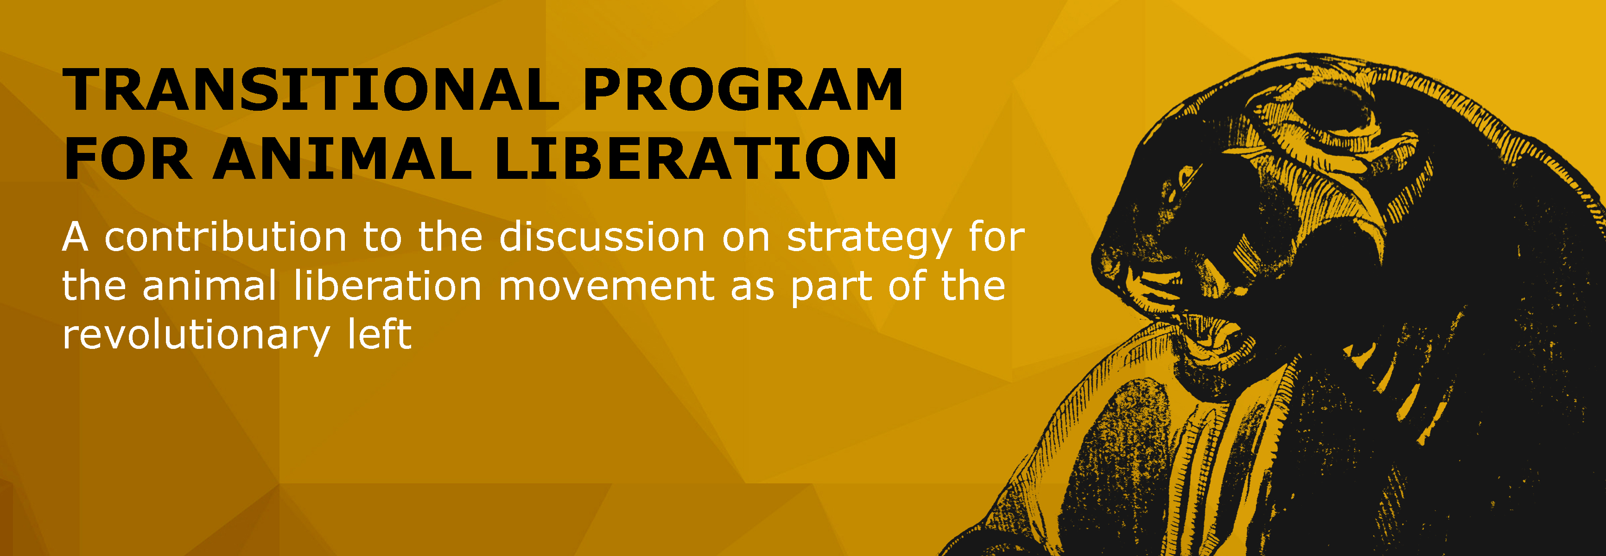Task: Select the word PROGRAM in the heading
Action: [742, 90]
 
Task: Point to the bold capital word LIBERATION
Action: [696, 159]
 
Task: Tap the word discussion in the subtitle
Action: [602, 238]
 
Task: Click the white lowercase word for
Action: [996, 238]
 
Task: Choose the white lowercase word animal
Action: [209, 287]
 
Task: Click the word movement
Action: [606, 287]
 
